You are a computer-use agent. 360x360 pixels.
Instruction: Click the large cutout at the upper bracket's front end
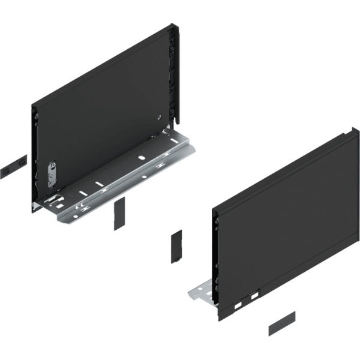(56, 197)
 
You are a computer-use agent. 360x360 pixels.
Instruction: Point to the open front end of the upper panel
(34, 156)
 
